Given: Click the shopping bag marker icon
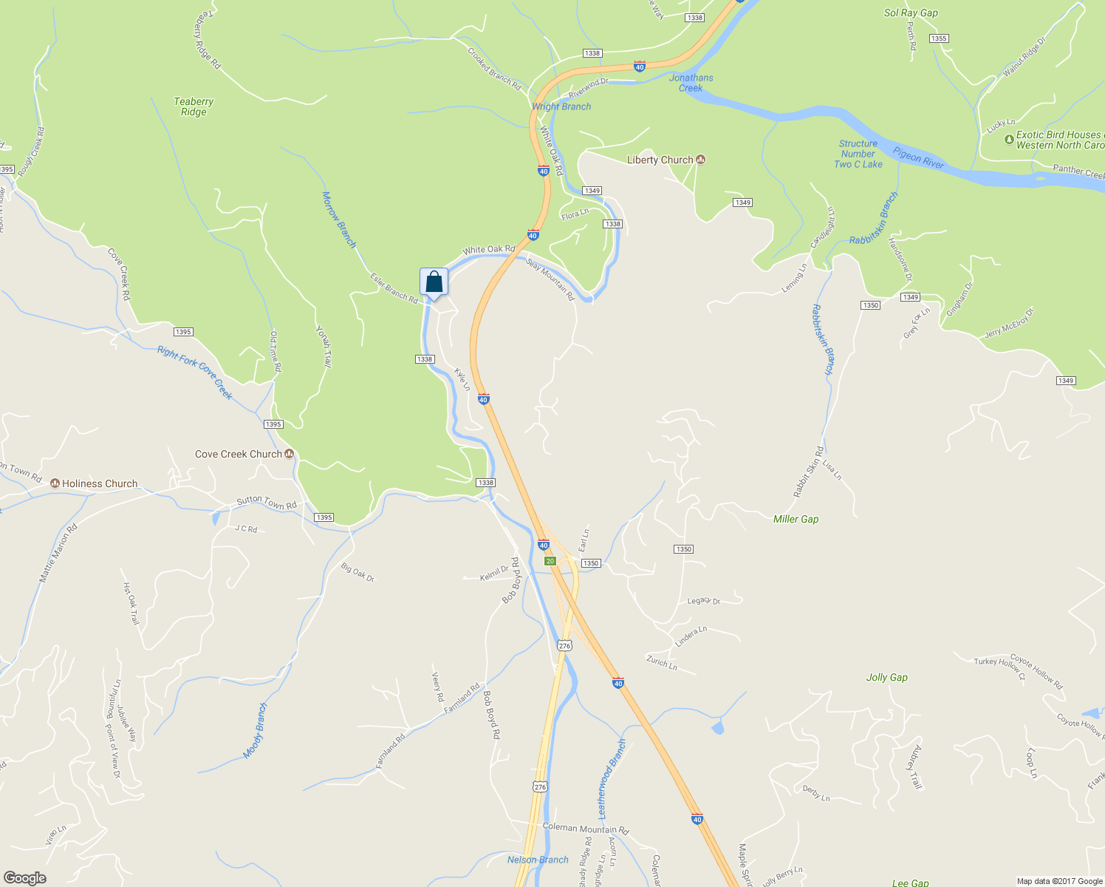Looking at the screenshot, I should tap(434, 282).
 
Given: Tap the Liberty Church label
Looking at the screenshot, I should tap(660, 160).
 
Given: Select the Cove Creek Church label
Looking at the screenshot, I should tap(239, 454).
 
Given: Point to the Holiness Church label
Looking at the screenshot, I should tap(100, 483).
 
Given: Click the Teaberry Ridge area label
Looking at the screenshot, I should tap(194, 106).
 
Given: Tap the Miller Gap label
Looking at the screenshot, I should tap(796, 519).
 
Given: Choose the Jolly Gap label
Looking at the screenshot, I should tap(886, 677).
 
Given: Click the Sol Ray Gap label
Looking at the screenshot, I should tap(911, 13).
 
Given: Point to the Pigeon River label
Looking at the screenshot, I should tap(918, 157).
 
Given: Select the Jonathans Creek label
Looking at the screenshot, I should tap(691, 83).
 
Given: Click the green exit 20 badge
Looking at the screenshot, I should tap(550, 561).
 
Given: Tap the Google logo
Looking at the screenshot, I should tap(24, 877).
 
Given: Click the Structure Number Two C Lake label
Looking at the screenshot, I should tap(858, 154).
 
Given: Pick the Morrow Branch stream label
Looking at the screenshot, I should tap(339, 220).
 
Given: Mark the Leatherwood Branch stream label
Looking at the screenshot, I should tap(612, 778).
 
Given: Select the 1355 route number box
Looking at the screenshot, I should tap(939, 38).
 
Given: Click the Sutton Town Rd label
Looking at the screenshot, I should tap(267, 503).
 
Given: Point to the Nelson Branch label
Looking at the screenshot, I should tap(538, 860).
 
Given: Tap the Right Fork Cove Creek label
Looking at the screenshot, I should tap(195, 373).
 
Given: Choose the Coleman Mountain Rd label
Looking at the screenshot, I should tap(585, 829).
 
